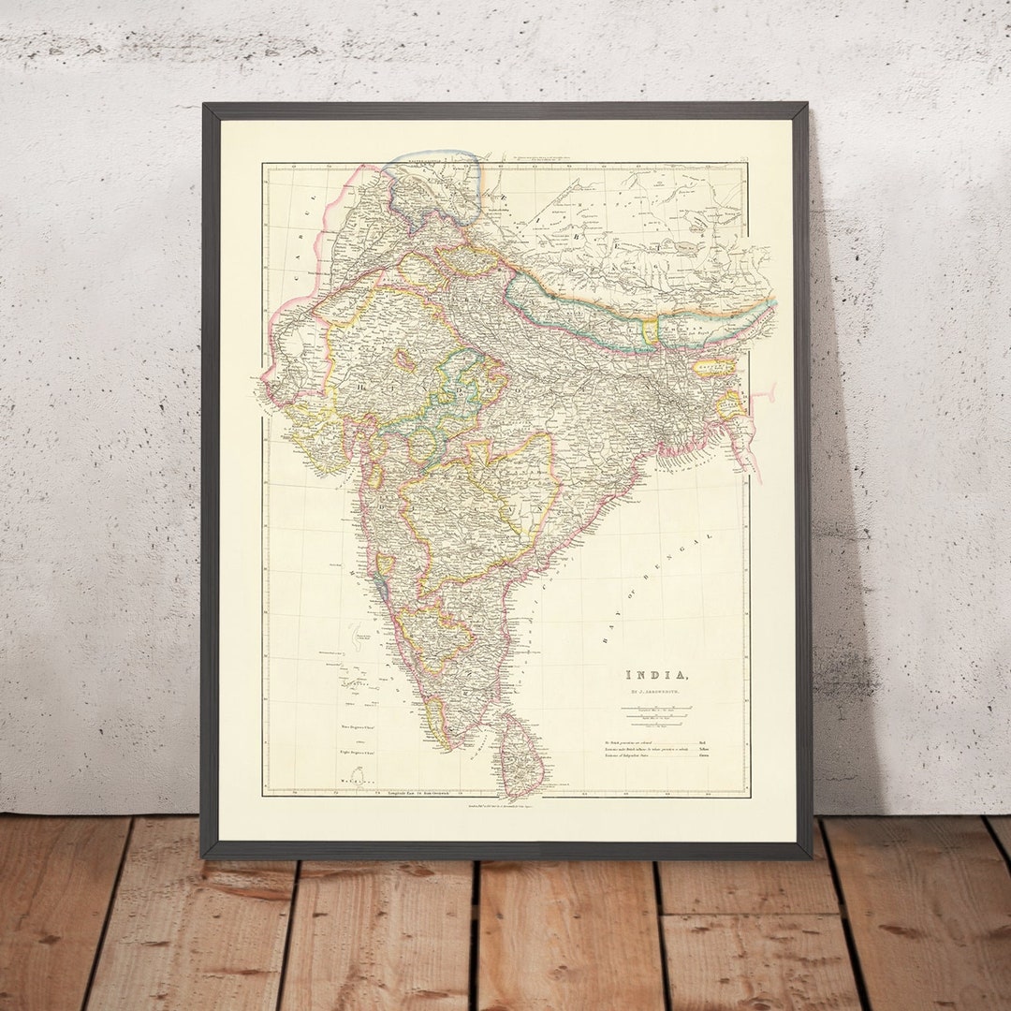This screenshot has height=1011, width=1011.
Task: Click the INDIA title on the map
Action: (x=659, y=675)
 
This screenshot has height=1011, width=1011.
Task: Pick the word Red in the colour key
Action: (x=702, y=740)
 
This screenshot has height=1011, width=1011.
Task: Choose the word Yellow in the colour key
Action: (x=704, y=750)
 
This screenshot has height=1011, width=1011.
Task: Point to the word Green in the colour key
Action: (x=703, y=760)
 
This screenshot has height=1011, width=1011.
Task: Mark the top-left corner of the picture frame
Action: (x=203, y=105)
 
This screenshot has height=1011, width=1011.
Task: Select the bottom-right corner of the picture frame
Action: (x=809, y=856)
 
